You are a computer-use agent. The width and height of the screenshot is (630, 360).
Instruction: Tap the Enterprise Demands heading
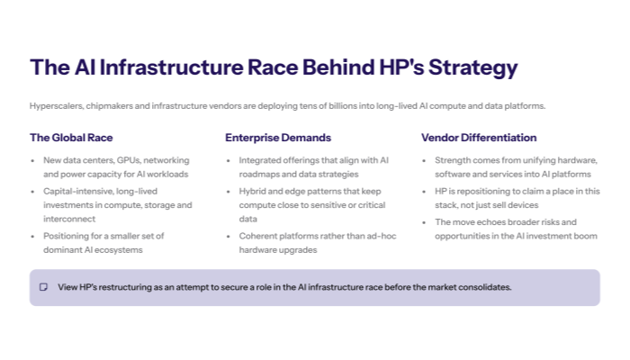pyautogui.click(x=278, y=138)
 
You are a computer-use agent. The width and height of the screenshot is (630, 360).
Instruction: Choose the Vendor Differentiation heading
pyautogui.click(x=479, y=138)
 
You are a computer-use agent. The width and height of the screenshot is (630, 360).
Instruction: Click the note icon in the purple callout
pyautogui.click(x=43, y=287)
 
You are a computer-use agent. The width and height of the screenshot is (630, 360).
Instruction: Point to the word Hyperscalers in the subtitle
pyautogui.click(x=54, y=105)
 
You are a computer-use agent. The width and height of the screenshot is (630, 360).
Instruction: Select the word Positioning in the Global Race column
pyautogui.click(x=66, y=236)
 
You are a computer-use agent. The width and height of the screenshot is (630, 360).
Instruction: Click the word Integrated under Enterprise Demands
pyautogui.click(x=259, y=160)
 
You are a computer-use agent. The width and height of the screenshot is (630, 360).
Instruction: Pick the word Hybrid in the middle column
pyautogui.click(x=252, y=192)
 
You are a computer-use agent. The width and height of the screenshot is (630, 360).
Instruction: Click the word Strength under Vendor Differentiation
pyautogui.click(x=453, y=160)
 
